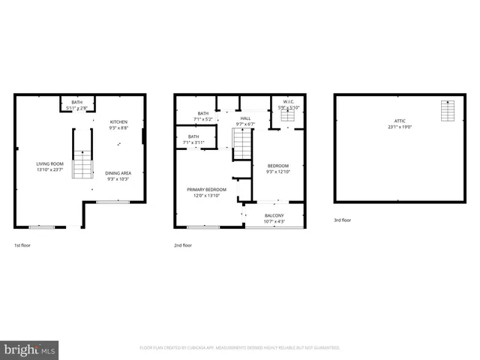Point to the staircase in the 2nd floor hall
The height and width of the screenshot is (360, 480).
[242, 143]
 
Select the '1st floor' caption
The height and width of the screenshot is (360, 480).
[23, 245]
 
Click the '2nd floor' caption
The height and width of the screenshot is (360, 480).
[183, 245]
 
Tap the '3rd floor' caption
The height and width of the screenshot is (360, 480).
[343, 220]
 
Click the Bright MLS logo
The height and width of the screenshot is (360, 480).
[30, 350]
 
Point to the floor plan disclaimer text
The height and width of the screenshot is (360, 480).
[240, 348]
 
